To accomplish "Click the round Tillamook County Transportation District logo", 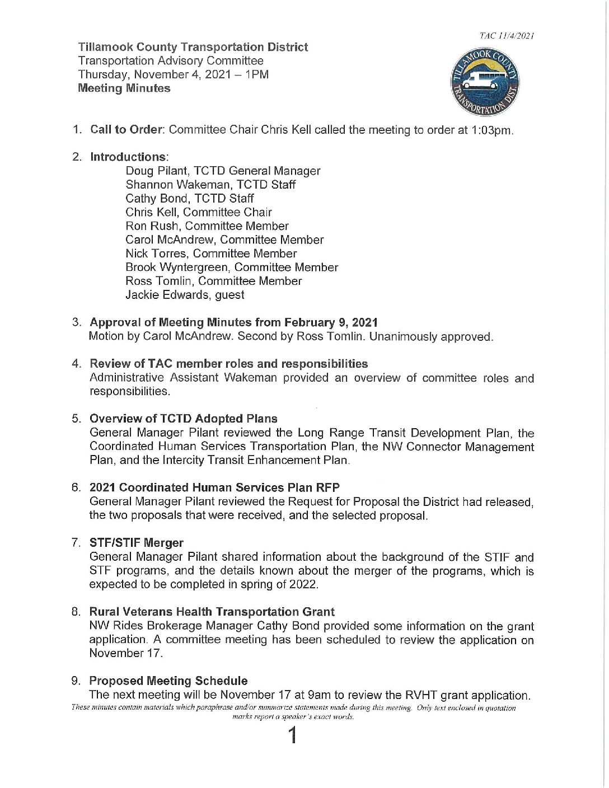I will tap(485, 82).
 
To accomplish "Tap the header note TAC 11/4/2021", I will tap(506, 36).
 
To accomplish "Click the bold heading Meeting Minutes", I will tap(124, 88).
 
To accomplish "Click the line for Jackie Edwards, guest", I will tap(185, 295).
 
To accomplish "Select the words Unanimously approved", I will tap(431, 337).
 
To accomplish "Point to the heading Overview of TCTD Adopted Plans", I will tap(184, 419).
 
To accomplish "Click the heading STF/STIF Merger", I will tap(137, 543).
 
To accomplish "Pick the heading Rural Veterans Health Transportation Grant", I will tap(212, 612).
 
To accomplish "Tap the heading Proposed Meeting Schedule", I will tap(168, 681).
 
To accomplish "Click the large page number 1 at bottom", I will tap(292, 735).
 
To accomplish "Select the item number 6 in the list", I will tap(76, 487).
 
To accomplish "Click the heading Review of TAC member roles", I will tap(229, 364).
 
